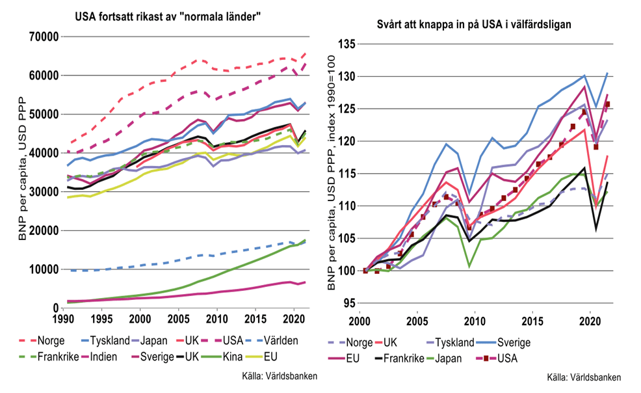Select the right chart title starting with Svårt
tap(475, 25)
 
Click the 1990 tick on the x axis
tap(62, 319)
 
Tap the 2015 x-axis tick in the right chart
tap(532, 322)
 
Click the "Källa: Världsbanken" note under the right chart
tap(582, 377)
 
